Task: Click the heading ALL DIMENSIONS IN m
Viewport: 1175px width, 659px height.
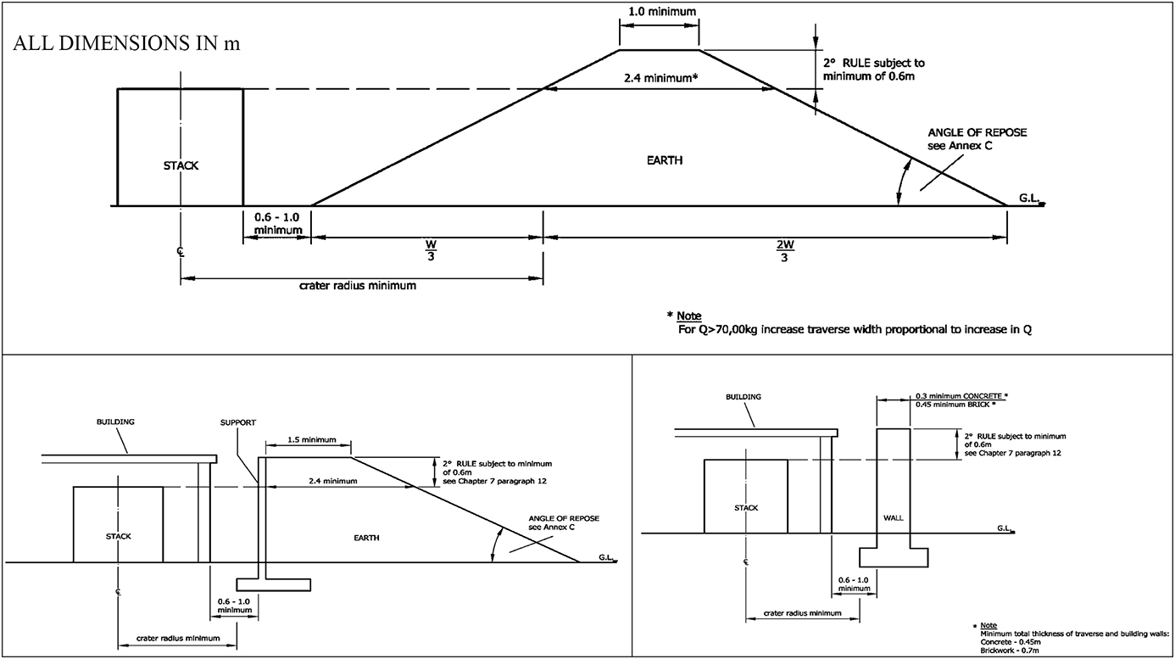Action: pos(126,43)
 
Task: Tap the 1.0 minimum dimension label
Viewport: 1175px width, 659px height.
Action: pos(662,12)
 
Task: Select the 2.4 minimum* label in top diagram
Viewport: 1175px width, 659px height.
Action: pos(661,78)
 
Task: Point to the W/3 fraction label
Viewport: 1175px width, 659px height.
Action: pos(431,250)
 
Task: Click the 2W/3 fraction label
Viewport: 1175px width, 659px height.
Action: pos(784,250)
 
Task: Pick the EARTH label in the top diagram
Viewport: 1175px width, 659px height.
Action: pos(665,160)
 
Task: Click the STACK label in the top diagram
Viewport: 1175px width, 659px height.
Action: pos(181,165)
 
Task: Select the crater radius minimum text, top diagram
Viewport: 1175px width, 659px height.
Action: pos(358,286)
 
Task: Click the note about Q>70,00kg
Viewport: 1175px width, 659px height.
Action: pos(855,330)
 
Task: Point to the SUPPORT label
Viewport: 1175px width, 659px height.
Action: pos(238,422)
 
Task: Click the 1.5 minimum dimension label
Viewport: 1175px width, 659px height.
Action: pos(312,439)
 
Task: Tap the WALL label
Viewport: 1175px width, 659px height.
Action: pos(894,518)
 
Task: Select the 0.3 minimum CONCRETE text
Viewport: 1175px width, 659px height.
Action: pos(962,395)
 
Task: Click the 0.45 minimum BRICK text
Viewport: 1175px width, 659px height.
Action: pos(955,405)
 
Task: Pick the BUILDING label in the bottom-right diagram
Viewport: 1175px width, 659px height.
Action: pos(743,397)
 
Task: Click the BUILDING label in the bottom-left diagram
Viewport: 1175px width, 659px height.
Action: pos(115,422)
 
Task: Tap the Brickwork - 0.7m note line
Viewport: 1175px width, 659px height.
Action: pos(1009,651)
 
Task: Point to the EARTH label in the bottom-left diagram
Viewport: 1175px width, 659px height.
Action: pos(366,538)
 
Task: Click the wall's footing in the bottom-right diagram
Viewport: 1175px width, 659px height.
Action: pos(894,557)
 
